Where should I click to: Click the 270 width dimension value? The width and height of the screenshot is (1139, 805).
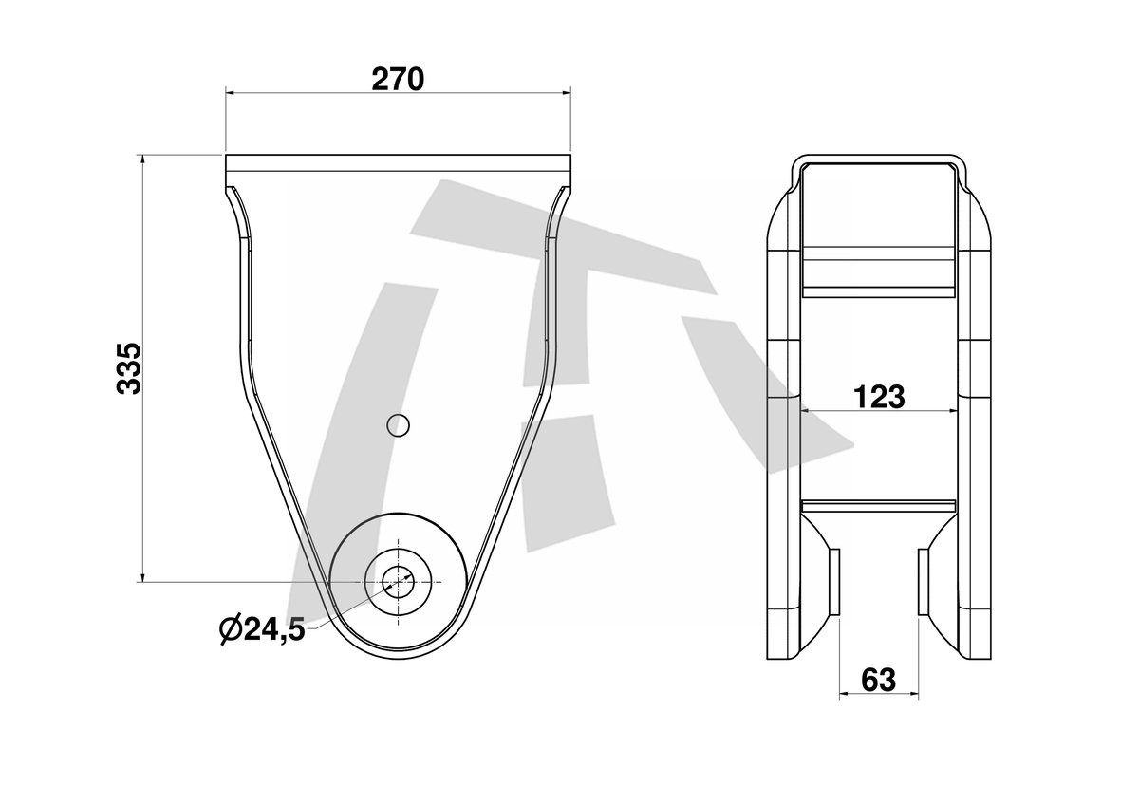point(398,80)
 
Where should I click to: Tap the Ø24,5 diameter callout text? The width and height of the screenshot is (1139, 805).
point(262,629)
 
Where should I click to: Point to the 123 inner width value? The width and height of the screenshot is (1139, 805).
point(879,397)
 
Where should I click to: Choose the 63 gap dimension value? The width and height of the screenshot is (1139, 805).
point(879,680)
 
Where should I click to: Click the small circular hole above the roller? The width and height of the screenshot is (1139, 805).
point(398,425)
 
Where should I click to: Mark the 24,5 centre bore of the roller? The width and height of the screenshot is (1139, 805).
point(398,582)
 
